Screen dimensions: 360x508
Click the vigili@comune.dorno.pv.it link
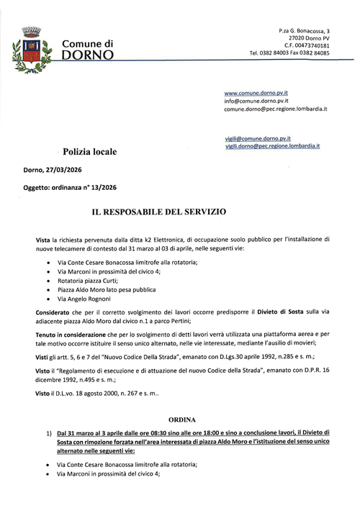(257, 137)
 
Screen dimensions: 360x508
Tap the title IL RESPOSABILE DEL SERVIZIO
(158, 213)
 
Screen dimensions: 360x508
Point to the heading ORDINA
(180, 418)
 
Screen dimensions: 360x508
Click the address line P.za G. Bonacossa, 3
(303, 32)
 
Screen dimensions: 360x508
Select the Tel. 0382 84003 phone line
(271, 53)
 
